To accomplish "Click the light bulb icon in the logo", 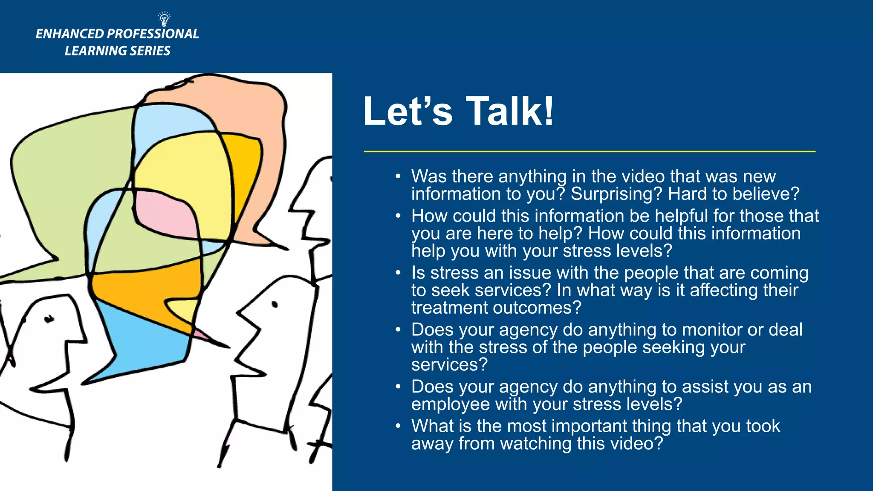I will pos(164,19).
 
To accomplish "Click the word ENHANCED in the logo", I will pos(69,34).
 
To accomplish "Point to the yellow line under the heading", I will pos(589,151).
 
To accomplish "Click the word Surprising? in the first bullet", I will pos(616,194).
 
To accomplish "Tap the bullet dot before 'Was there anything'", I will pos(398,176).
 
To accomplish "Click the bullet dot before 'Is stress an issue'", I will pos(398,273).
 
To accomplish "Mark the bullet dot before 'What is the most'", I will pos(398,426).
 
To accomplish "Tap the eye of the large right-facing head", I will pos(275,304).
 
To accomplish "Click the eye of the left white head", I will pos(49,318).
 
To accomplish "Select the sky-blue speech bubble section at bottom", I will pos(141,345).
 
